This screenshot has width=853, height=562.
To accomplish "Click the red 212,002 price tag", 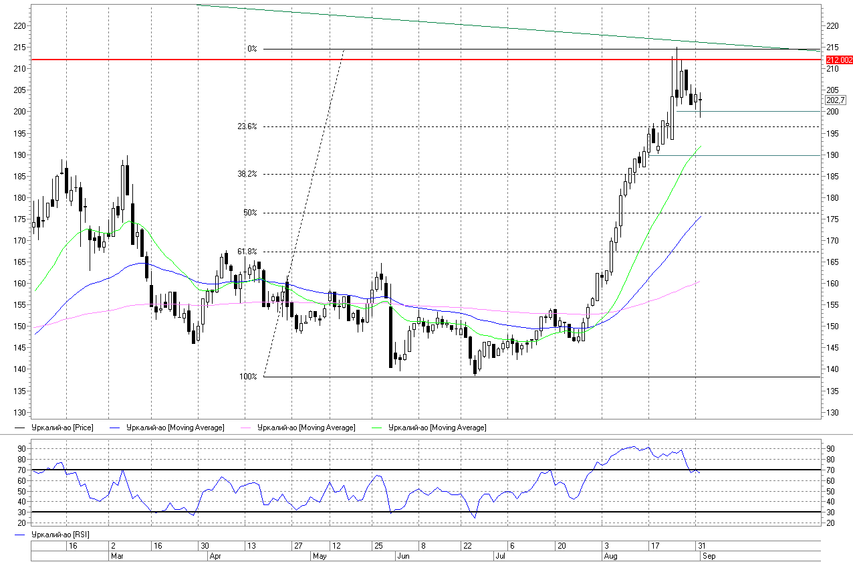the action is [x=839, y=60].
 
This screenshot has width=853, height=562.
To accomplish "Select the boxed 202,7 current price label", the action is [x=836, y=100].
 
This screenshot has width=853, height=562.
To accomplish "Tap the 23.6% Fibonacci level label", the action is [x=247, y=126].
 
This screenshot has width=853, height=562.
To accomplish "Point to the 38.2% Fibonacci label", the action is [x=247, y=174].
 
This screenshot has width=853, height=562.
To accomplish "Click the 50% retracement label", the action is [x=250, y=213].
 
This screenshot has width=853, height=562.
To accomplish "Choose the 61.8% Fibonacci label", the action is [x=247, y=252].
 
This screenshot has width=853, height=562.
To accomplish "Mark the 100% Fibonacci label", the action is [x=248, y=377].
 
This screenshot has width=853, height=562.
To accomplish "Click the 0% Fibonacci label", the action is [x=252, y=49].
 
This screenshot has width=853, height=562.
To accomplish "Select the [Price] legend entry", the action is [x=54, y=428].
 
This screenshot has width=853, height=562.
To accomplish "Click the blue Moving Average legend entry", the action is [x=167, y=428].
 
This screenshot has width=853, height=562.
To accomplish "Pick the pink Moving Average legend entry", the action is [x=298, y=428].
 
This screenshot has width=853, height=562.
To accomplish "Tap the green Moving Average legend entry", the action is [x=429, y=428].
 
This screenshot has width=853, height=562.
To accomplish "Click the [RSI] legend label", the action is [x=52, y=535].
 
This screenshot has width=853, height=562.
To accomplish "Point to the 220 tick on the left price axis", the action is [x=19, y=26].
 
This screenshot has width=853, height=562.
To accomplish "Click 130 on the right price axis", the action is [x=832, y=413].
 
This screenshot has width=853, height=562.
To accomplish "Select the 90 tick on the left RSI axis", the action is [x=21, y=449].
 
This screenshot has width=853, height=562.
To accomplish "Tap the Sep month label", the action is [x=709, y=556].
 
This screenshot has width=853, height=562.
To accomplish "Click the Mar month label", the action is [x=117, y=556].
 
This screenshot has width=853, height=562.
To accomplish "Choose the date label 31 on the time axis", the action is [x=702, y=546].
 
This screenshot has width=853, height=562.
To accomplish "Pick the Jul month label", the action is [x=501, y=556].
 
